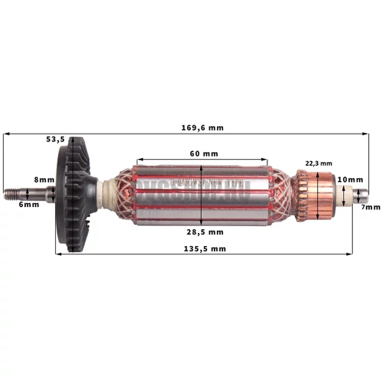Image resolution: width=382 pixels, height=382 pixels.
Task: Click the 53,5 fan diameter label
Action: (x=56, y=140)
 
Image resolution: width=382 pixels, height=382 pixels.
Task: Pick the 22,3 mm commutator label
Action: (x=318, y=163)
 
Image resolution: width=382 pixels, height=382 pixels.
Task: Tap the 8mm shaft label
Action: (x=45, y=180)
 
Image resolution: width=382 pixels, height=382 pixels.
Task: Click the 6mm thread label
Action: (x=30, y=205)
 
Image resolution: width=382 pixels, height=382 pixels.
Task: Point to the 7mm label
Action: (x=371, y=207)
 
